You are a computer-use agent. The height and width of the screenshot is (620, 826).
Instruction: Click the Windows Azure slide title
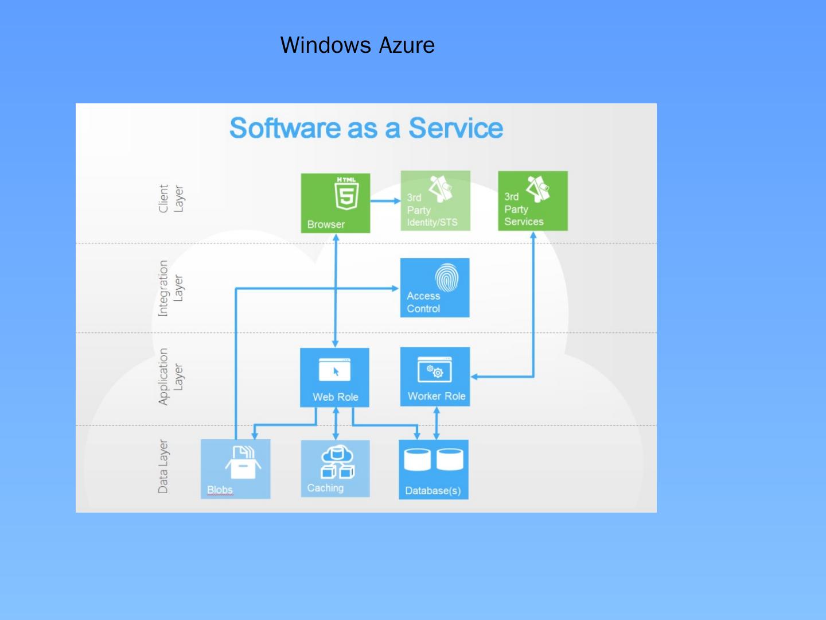point(357,45)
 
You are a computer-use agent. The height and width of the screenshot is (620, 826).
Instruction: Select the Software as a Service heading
point(366,127)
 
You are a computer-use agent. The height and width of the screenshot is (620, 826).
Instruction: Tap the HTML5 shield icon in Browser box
point(346,194)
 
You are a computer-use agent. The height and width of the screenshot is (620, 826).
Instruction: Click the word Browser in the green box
point(326,224)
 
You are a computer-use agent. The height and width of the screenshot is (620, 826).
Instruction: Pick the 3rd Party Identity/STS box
point(435,201)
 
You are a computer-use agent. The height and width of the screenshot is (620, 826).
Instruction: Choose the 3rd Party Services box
point(533,201)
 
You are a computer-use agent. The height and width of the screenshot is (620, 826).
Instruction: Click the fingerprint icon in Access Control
point(447,278)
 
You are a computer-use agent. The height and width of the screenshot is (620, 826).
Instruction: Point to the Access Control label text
point(423,303)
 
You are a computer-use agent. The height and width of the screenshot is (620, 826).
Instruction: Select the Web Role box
point(335,378)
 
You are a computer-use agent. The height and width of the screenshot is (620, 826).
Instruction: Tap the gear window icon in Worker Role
point(435,370)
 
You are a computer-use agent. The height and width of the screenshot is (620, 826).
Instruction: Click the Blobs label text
point(220,490)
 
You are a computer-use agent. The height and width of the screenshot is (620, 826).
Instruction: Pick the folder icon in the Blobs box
point(243,463)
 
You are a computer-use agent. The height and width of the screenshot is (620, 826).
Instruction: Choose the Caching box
point(336,468)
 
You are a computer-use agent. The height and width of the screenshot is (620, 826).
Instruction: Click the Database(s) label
point(433,491)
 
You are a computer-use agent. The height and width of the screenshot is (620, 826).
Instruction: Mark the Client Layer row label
point(171,199)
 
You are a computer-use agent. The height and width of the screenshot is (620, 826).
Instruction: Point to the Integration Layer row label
point(171,288)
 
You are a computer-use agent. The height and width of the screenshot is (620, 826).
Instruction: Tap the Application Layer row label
point(171,377)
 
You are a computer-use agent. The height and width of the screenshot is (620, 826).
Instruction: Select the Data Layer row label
point(163,466)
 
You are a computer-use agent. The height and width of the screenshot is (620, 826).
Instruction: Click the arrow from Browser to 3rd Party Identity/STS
point(385,201)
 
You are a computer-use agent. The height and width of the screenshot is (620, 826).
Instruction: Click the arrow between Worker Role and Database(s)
point(437,423)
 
